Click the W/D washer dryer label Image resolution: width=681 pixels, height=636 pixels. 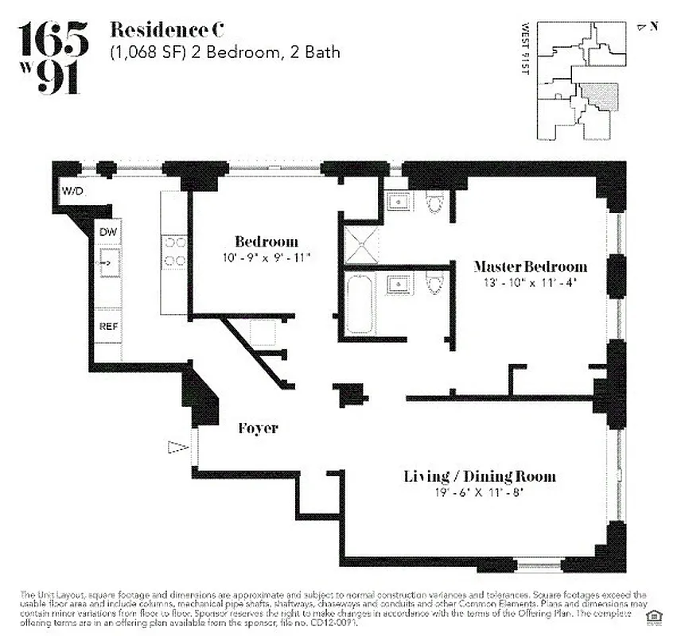click(x=72, y=191)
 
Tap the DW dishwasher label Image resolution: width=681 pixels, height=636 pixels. click(x=108, y=231)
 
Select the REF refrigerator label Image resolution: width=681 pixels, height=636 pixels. click(x=108, y=326)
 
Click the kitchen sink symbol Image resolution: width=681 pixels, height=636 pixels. click(x=108, y=260)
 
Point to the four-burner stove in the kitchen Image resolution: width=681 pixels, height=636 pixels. click(x=175, y=252)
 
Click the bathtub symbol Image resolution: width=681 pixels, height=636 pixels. click(x=360, y=304)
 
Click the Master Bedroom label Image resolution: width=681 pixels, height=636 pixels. click(x=530, y=266)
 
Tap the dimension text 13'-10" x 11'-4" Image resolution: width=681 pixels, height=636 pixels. click(x=530, y=281)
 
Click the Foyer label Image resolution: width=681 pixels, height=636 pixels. click(x=259, y=429)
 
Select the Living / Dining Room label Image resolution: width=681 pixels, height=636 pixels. click(x=479, y=476)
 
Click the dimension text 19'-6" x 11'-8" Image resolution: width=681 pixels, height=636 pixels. click(x=479, y=492)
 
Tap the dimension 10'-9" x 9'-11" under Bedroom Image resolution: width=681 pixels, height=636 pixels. click(x=267, y=257)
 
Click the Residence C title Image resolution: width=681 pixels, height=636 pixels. click(x=166, y=31)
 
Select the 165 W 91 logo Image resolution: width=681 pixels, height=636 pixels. click(x=53, y=58)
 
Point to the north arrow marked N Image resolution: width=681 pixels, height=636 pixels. click(x=648, y=26)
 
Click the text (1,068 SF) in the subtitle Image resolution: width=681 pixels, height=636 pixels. click(x=147, y=53)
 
